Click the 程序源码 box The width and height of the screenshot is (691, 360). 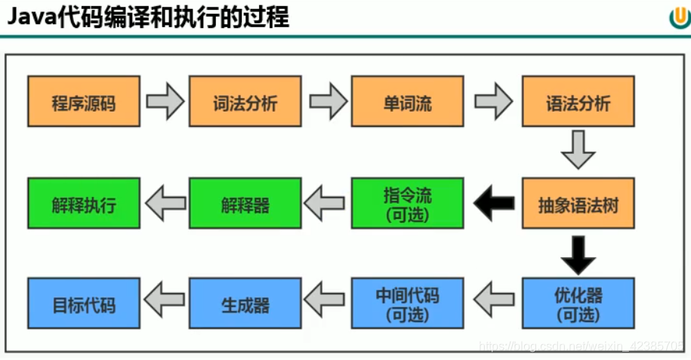pyautogui.click(x=84, y=101)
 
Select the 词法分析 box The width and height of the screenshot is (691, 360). pyautogui.click(x=245, y=101)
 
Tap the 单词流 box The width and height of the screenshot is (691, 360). pyautogui.click(x=408, y=101)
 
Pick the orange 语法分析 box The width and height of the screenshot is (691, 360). pyautogui.click(x=578, y=101)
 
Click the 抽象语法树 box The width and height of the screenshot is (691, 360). pyautogui.click(x=578, y=203)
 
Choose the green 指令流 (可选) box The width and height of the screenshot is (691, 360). pyautogui.click(x=408, y=203)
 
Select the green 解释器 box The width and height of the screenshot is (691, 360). pyautogui.click(x=245, y=203)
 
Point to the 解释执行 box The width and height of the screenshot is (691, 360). pyautogui.click(x=84, y=203)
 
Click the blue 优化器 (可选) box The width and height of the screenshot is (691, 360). pyautogui.click(x=578, y=303)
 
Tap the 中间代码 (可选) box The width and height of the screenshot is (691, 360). pyautogui.click(x=408, y=303)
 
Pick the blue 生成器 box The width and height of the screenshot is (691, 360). pyautogui.click(x=245, y=303)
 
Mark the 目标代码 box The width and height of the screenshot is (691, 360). pyautogui.click(x=84, y=303)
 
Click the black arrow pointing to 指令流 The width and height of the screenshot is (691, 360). pyautogui.click(x=492, y=203)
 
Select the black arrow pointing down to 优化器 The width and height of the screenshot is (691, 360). pyautogui.click(x=578, y=254)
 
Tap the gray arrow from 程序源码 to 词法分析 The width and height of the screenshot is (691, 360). pyautogui.click(x=165, y=101)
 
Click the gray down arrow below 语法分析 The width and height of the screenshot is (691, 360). pyautogui.click(x=578, y=150)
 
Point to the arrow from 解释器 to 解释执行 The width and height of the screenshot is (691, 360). pyautogui.click(x=165, y=203)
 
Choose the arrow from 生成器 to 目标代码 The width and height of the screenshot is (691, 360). pyautogui.click(x=165, y=303)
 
